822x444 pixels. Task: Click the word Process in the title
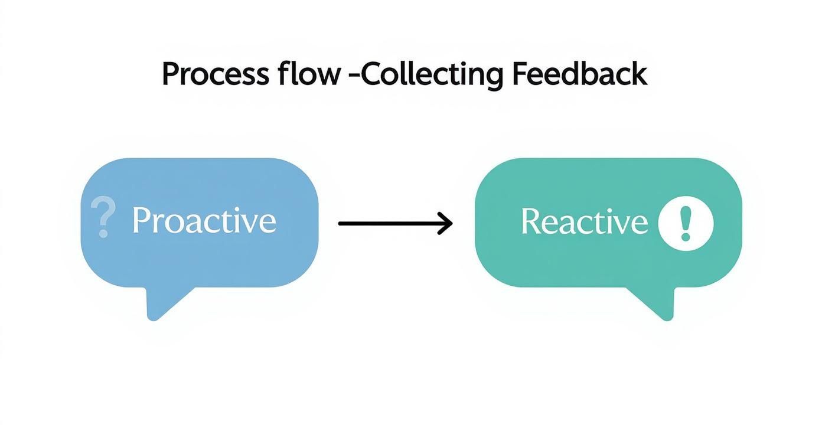point(216,75)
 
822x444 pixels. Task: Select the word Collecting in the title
point(432,75)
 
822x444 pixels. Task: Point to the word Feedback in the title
point(579,75)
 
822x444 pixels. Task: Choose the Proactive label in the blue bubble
point(204,221)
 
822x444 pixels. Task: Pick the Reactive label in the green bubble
point(584,222)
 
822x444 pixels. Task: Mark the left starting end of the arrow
point(341,224)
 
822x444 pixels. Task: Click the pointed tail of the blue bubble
point(156,310)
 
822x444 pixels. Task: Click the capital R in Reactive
point(530,221)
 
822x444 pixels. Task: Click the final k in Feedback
point(638,75)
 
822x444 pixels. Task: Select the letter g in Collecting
point(492,79)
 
